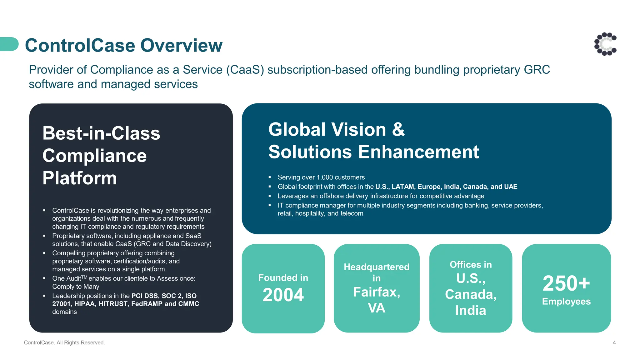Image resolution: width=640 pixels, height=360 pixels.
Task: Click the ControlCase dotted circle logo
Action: pyautogui.click(x=605, y=44)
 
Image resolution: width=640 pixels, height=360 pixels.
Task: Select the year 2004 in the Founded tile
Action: pyautogui.click(x=283, y=295)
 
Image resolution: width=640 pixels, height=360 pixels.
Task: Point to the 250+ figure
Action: pyautogui.click(x=566, y=283)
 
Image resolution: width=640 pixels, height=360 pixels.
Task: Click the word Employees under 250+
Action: pyautogui.click(x=566, y=302)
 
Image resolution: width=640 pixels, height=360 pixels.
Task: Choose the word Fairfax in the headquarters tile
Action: pyautogui.click(x=376, y=292)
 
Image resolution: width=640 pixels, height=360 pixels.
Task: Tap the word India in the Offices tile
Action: pyautogui.click(x=471, y=311)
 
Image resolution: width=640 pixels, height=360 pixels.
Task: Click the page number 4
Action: pyautogui.click(x=614, y=343)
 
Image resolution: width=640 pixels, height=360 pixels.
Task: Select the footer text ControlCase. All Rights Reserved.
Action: pyautogui.click(x=64, y=343)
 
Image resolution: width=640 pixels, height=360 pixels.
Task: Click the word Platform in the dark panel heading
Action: pyautogui.click(x=80, y=178)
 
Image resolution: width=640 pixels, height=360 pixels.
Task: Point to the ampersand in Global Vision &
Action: pyautogui.click(x=398, y=129)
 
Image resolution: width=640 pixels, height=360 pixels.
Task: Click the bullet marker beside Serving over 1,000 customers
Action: pyautogui.click(x=270, y=177)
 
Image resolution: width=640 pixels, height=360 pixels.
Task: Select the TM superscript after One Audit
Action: pyautogui.click(x=84, y=277)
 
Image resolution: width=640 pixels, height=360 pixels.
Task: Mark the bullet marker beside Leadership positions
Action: pyautogui.click(x=44, y=296)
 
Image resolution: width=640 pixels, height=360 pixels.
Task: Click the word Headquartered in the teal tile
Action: pyautogui.click(x=377, y=267)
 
